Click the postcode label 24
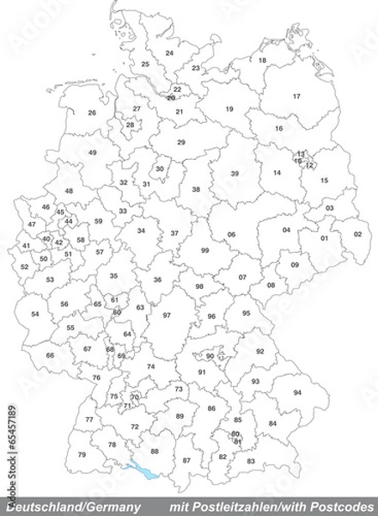[x=169, y=53]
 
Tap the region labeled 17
[x=296, y=96]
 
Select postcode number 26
[x=92, y=113]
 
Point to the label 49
[x=92, y=152]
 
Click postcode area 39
[x=235, y=174]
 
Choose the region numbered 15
[x=325, y=181]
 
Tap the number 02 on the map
[x=357, y=234]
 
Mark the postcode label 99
[x=204, y=249]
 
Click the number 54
[x=35, y=315]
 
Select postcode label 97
[x=167, y=316]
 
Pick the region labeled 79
[x=82, y=454]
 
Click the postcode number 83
[x=251, y=462]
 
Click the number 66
[x=50, y=355]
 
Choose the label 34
[x=141, y=230]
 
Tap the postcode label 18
[x=263, y=60]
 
